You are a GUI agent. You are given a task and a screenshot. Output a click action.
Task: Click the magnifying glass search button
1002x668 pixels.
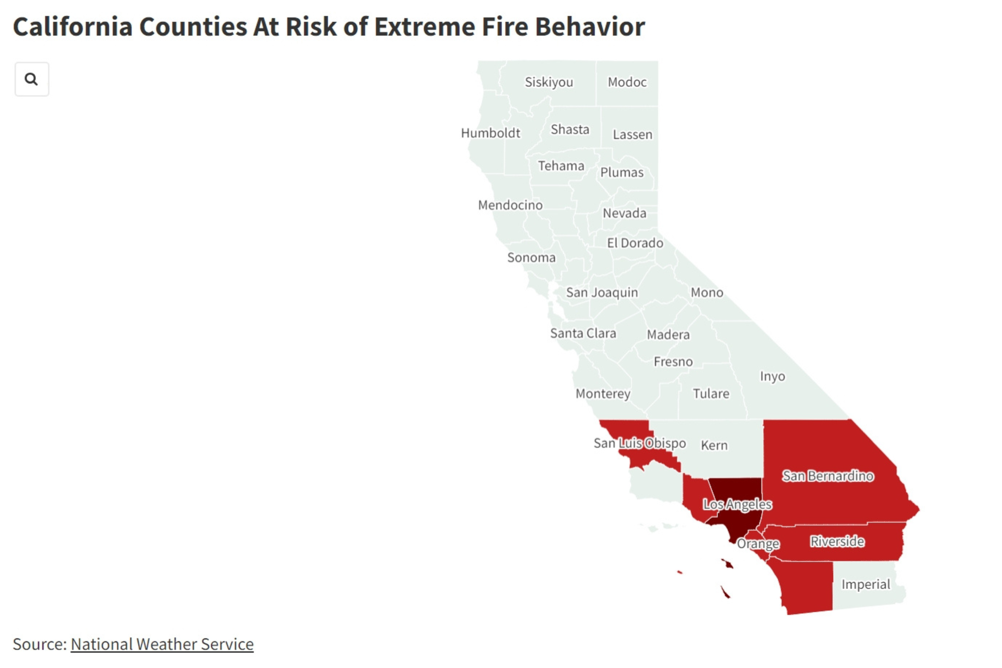(31, 79)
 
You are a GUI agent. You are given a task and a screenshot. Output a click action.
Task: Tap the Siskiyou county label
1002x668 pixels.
(549, 82)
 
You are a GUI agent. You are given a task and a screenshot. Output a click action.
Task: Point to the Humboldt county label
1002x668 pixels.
(490, 133)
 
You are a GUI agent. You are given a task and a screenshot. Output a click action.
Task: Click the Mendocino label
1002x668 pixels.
(510, 205)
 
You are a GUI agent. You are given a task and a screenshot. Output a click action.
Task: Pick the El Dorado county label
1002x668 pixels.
(635, 243)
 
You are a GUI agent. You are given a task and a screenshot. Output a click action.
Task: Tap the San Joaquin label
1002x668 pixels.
(602, 292)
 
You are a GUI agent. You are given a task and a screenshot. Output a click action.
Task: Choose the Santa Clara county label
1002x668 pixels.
(583, 333)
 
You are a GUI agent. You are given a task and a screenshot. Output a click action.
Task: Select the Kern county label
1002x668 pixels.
(714, 445)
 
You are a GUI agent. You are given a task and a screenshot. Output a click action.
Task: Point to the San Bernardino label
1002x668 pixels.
(828, 476)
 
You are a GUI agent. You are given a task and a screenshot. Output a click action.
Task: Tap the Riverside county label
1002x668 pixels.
(837, 541)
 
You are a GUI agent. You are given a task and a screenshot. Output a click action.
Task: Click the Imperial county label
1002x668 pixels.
(866, 584)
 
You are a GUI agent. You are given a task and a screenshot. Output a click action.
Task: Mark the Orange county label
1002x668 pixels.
(758, 544)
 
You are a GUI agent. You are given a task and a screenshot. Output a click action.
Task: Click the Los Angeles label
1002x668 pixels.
(737, 504)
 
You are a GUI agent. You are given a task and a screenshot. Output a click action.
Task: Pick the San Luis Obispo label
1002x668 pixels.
(640, 443)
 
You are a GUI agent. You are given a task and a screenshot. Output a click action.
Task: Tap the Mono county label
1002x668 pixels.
(707, 292)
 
